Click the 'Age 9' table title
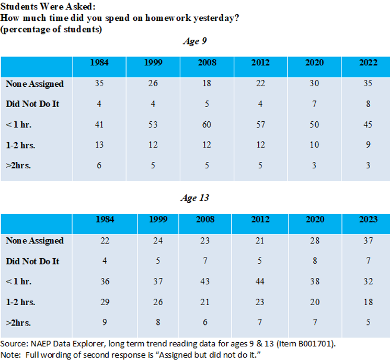(x=194, y=41)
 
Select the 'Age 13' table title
(x=194, y=198)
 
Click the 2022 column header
(x=368, y=63)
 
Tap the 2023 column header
(x=368, y=219)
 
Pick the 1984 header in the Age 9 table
(x=99, y=63)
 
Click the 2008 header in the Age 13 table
(x=207, y=219)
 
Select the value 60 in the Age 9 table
(x=207, y=124)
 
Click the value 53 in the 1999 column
(x=153, y=124)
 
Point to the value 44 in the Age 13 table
(x=260, y=282)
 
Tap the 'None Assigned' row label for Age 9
(x=35, y=84)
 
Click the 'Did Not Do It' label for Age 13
(x=32, y=261)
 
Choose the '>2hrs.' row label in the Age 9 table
(x=18, y=166)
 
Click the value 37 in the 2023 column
(x=368, y=240)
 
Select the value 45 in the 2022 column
(x=368, y=124)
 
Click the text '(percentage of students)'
(x=51, y=29)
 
